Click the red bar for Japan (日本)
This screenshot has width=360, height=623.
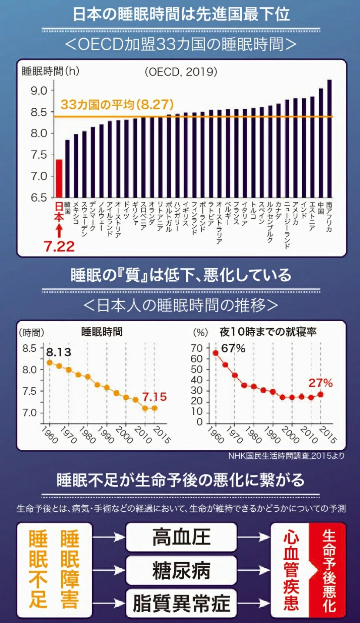click(59, 178)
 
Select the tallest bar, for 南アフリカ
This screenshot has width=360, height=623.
click(329, 138)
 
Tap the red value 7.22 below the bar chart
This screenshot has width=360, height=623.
click(59, 247)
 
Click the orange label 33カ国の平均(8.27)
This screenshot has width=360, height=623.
click(117, 105)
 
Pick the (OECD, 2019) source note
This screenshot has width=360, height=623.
click(181, 71)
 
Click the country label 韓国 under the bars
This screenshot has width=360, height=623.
click(67, 208)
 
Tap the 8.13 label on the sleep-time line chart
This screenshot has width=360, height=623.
click(59, 351)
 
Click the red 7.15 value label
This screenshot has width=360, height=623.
click(155, 396)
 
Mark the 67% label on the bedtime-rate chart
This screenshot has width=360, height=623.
click(233, 348)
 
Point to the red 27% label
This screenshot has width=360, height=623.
click(320, 383)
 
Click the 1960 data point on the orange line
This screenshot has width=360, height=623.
click(50, 363)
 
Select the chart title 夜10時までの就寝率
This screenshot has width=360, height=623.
click(268, 332)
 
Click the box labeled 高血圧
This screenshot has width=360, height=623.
click(181, 537)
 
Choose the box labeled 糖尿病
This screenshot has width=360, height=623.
click(181, 570)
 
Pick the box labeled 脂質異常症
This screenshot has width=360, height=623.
click(181, 603)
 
